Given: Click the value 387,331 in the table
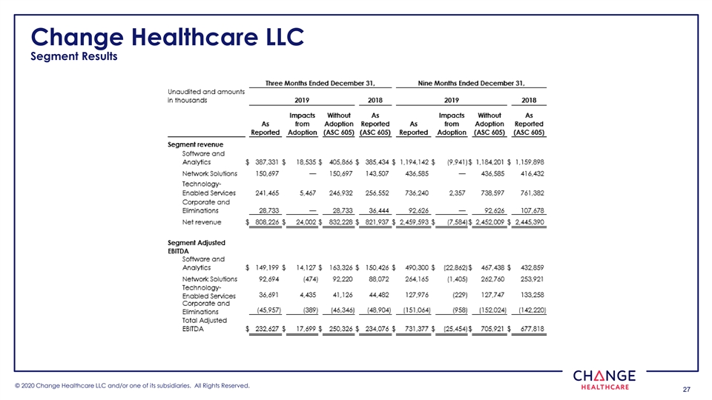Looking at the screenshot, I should (x=271, y=161).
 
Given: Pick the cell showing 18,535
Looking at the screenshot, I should (x=305, y=161).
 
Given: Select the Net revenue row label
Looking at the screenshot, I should (x=202, y=222).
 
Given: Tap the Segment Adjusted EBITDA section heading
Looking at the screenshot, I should (x=197, y=247).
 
